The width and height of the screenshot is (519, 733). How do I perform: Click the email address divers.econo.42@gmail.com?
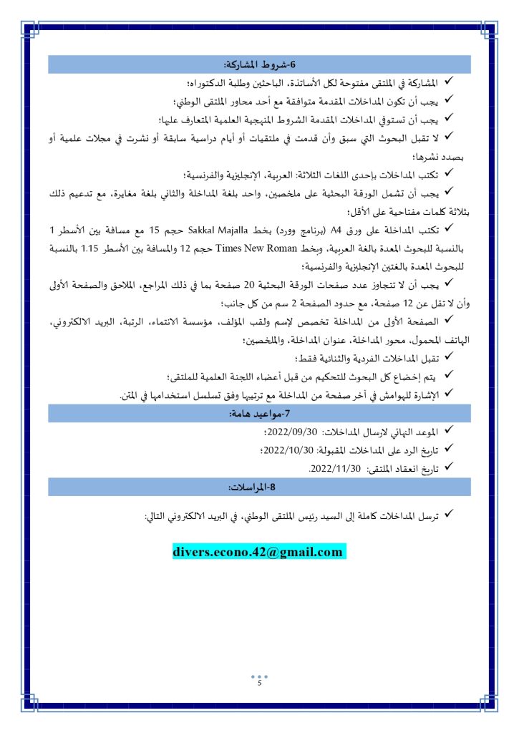[x=258, y=552]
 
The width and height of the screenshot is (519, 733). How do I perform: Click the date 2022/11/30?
[x=332, y=469]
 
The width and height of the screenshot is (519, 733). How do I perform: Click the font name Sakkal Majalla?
[x=217, y=230]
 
